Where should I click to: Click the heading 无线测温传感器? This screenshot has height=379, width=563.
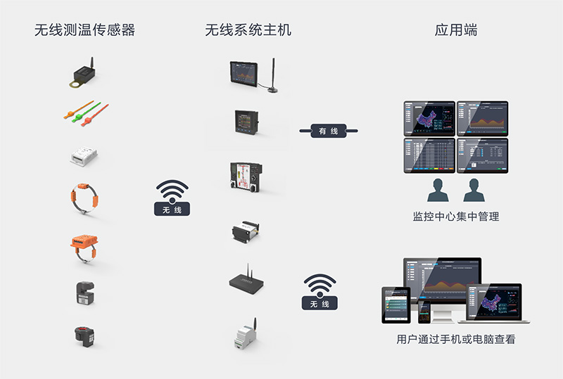coord(84,30)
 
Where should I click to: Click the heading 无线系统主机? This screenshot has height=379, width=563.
coord(248,30)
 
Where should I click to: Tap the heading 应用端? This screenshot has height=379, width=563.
coord(456,30)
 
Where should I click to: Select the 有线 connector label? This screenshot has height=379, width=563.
coord(328,131)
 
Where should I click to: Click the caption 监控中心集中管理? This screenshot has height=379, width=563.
coord(456,217)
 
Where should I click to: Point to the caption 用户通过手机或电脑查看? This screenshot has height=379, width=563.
coord(456,340)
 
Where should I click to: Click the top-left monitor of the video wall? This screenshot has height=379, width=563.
coord(429,117)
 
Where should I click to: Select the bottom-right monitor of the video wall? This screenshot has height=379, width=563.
coord(483,155)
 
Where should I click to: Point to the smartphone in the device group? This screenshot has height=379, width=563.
coord(424,310)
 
